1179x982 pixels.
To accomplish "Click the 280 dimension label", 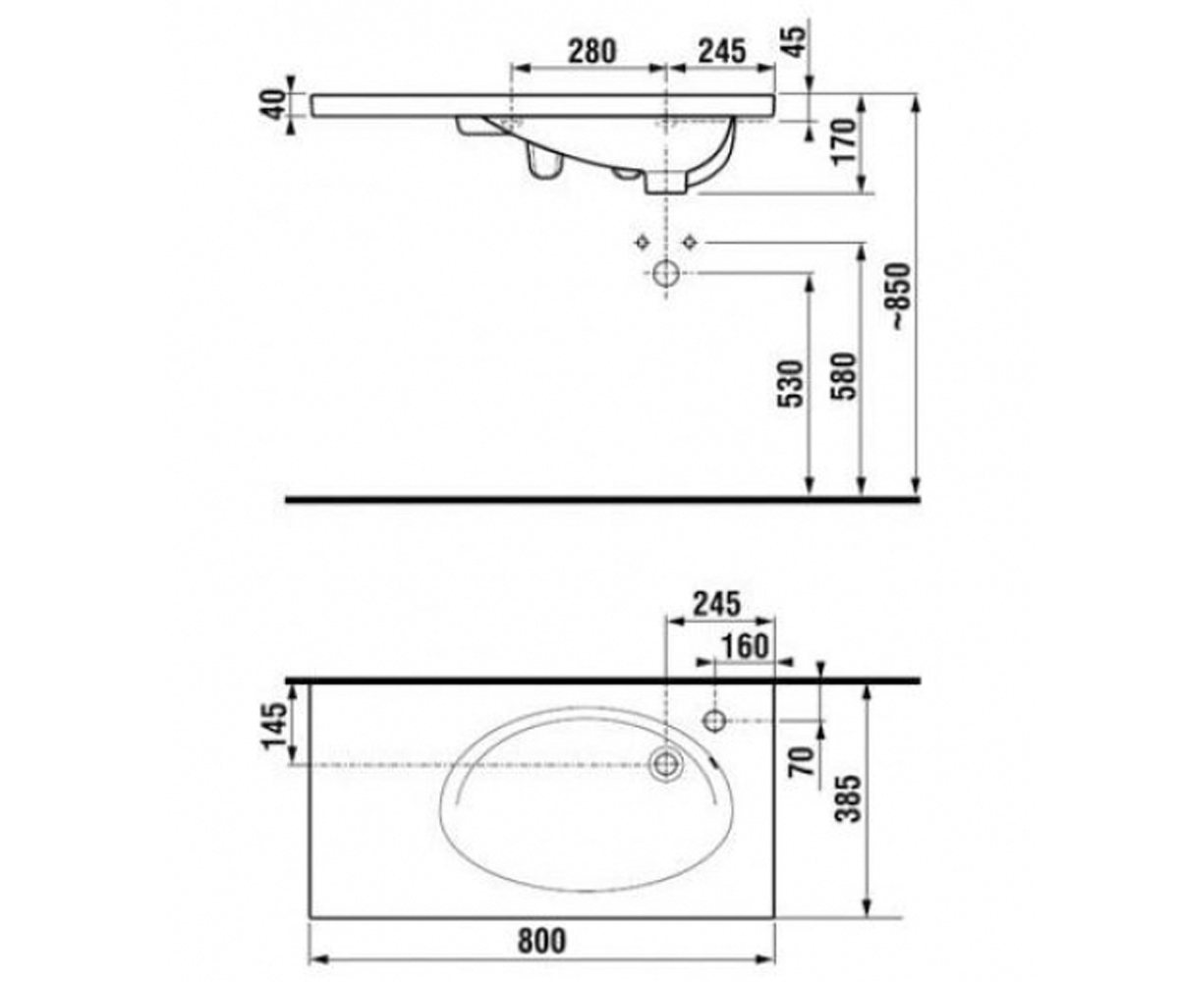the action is [x=591, y=51].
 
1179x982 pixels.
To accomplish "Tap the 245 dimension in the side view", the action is [x=722, y=51].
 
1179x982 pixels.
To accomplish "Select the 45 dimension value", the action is [x=795, y=42].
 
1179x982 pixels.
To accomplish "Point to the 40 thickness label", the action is [x=275, y=104].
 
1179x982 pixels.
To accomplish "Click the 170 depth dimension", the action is [x=844, y=141].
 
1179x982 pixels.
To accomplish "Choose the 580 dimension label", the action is [x=844, y=376].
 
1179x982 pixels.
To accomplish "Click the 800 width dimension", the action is [x=541, y=941].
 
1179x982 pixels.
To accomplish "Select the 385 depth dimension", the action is [x=849, y=798].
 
